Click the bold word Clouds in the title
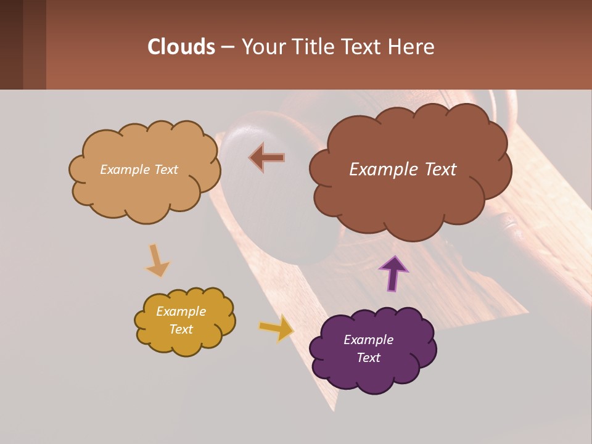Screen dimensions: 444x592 pyautogui.click(x=181, y=47)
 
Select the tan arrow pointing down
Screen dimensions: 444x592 pyautogui.click(x=157, y=260)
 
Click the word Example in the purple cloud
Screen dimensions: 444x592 pyautogui.click(x=368, y=340)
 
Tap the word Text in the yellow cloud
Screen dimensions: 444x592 pyautogui.click(x=181, y=329)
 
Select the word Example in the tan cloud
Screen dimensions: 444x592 pyautogui.click(x=125, y=170)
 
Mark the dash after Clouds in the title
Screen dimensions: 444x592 pyautogui.click(x=227, y=47)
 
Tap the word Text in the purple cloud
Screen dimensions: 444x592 pyautogui.click(x=369, y=358)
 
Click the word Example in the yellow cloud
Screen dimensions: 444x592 pyautogui.click(x=181, y=311)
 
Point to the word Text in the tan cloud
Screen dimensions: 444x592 pyautogui.click(x=166, y=170)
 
